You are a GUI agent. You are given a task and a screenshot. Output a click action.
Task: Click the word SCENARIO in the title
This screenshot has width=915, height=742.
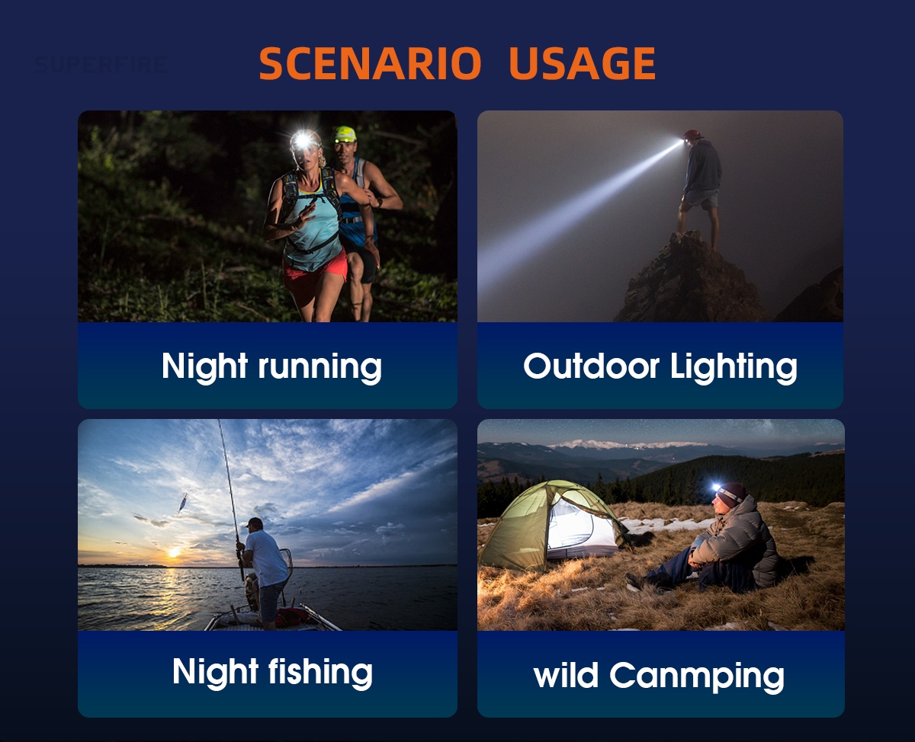[x=371, y=63]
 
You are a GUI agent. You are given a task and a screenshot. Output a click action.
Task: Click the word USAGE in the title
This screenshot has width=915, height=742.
[x=583, y=63]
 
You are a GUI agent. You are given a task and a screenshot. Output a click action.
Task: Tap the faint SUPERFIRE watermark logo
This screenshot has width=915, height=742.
[x=101, y=65]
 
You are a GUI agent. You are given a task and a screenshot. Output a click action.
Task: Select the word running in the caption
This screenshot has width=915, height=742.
[x=319, y=367]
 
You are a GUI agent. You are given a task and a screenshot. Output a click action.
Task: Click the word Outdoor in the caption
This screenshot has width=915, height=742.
[x=591, y=366]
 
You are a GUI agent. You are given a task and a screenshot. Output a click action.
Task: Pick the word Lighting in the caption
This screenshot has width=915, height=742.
[x=734, y=367]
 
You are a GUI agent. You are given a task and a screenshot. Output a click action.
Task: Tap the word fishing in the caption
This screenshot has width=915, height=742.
[x=320, y=672]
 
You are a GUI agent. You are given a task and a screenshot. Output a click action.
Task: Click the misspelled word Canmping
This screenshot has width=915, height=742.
[x=697, y=676]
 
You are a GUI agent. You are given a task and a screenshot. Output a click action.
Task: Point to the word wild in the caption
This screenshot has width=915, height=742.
[x=566, y=674]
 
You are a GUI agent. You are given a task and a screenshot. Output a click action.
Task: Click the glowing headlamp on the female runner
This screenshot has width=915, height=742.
[x=303, y=140]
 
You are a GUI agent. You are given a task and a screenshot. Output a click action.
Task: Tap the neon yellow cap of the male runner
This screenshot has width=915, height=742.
[x=345, y=134]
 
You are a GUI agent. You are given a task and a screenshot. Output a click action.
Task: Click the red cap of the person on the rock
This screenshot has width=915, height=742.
[x=692, y=136]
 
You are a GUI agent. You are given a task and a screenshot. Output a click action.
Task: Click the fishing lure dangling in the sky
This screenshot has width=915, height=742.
[x=182, y=503]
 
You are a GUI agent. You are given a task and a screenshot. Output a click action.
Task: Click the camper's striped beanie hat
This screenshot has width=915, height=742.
[x=732, y=494]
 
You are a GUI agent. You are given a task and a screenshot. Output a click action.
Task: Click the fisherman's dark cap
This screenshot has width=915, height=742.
[x=255, y=523]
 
